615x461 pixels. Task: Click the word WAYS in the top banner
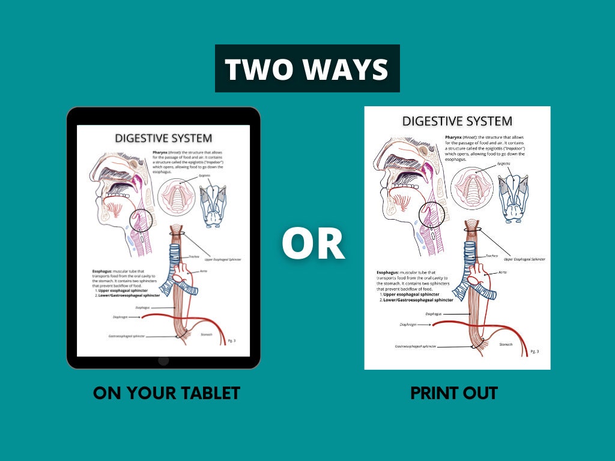[346, 69]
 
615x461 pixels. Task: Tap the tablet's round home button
[163, 360]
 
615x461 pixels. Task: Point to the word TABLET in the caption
[210, 393]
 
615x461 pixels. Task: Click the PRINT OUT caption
[454, 393]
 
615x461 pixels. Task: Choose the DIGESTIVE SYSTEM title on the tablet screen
[163, 138]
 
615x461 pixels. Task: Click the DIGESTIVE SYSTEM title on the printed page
[457, 121]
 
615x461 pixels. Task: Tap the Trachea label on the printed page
[491, 255]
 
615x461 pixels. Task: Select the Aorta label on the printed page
[506, 272]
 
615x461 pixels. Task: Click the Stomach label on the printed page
[506, 345]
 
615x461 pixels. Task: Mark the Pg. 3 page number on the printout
[534, 351]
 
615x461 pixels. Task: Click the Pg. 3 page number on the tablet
[232, 340]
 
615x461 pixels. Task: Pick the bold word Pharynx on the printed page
[454, 137]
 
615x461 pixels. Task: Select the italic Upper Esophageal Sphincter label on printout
[524, 259]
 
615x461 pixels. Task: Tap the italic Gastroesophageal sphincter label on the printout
[415, 346]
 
